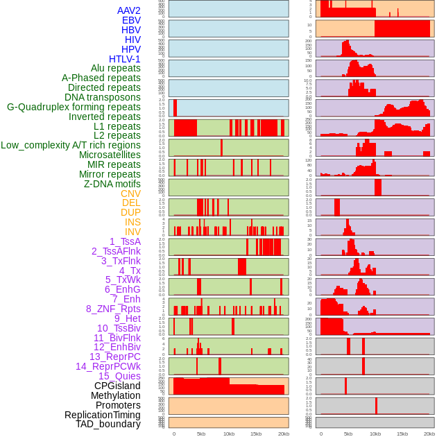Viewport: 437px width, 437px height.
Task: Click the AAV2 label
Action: tap(129, 11)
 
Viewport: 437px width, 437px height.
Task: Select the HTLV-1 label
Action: tap(125, 59)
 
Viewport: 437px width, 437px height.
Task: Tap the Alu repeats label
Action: tap(116, 69)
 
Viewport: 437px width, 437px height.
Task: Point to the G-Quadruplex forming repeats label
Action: tap(74, 107)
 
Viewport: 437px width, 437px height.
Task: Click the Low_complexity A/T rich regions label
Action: tap(71, 145)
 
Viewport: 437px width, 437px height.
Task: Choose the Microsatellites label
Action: tap(110, 155)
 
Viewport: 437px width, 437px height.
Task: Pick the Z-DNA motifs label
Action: tap(112, 184)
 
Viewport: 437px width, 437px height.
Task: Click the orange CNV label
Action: tap(130, 194)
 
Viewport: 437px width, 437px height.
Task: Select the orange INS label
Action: tap(132, 222)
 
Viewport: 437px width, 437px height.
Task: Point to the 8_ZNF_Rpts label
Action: tap(113, 309)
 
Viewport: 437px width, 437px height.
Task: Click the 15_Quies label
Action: tap(119, 376)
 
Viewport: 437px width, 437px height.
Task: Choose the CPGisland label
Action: tap(117, 386)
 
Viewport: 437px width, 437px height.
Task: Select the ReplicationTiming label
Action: tap(103, 415)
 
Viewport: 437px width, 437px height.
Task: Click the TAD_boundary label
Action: tap(108, 424)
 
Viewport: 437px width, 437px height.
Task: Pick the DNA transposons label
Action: tap(103, 97)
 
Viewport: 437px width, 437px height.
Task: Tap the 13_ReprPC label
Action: tap(114, 357)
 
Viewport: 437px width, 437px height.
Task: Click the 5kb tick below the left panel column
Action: tap(201, 434)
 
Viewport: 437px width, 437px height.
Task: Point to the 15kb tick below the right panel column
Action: tap(402, 434)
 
